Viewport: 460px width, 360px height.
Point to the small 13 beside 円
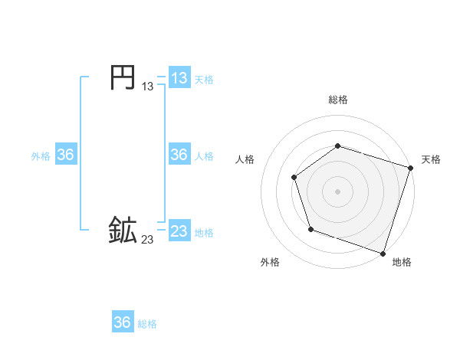(147, 87)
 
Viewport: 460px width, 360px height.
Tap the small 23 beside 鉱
(147, 240)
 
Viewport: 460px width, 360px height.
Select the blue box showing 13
(179, 77)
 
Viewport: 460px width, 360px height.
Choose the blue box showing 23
(179, 231)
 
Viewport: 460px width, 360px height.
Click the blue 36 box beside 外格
(65, 155)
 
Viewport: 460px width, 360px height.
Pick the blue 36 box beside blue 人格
(179, 155)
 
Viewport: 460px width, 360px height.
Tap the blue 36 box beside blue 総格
(123, 322)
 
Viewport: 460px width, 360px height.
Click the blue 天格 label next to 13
(204, 80)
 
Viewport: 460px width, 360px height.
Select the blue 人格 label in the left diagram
(204, 156)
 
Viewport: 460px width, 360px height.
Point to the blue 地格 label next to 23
(204, 233)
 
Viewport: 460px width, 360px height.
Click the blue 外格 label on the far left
(41, 156)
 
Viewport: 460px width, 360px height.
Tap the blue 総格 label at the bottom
(147, 324)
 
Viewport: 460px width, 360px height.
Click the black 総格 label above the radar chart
(337, 100)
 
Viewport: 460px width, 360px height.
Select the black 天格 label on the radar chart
(431, 159)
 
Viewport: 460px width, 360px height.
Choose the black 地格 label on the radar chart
(402, 262)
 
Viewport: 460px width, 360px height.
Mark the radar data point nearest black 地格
(383, 253)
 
